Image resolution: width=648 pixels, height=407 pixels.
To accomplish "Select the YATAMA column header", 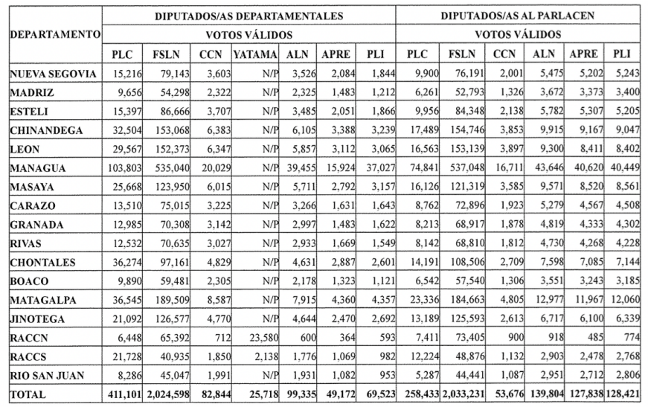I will click(x=254, y=54).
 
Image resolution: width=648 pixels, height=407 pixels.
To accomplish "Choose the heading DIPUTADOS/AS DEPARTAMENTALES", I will click(x=249, y=15).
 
